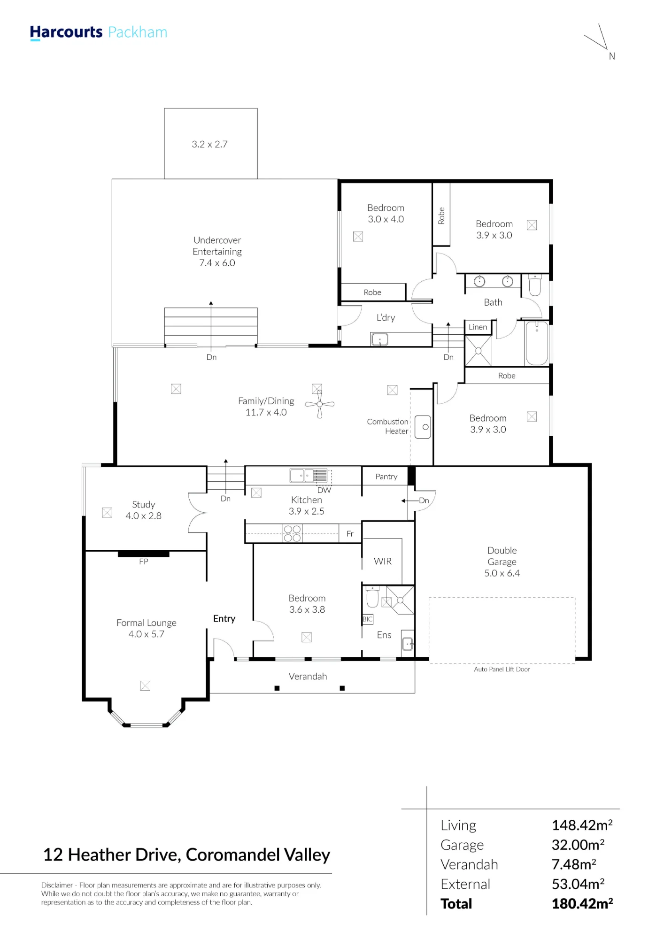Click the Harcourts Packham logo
coord(99,32)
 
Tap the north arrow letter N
coord(612,56)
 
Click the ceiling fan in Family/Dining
coord(320,404)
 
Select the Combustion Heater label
coord(387,426)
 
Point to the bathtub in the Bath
coord(537,343)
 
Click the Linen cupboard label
coord(478,327)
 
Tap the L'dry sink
coord(379,339)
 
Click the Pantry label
coord(386,477)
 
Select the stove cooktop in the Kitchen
coord(292,534)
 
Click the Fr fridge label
coord(350,534)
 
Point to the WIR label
coord(383,561)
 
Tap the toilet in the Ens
coord(372,597)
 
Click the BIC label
coord(367,619)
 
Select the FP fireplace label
coord(144,562)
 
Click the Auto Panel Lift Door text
coord(502,669)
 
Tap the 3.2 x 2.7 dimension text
coord(209,144)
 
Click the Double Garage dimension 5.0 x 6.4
coord(502,573)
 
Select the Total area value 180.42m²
coord(582,904)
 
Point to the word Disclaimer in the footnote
coord(57,885)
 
